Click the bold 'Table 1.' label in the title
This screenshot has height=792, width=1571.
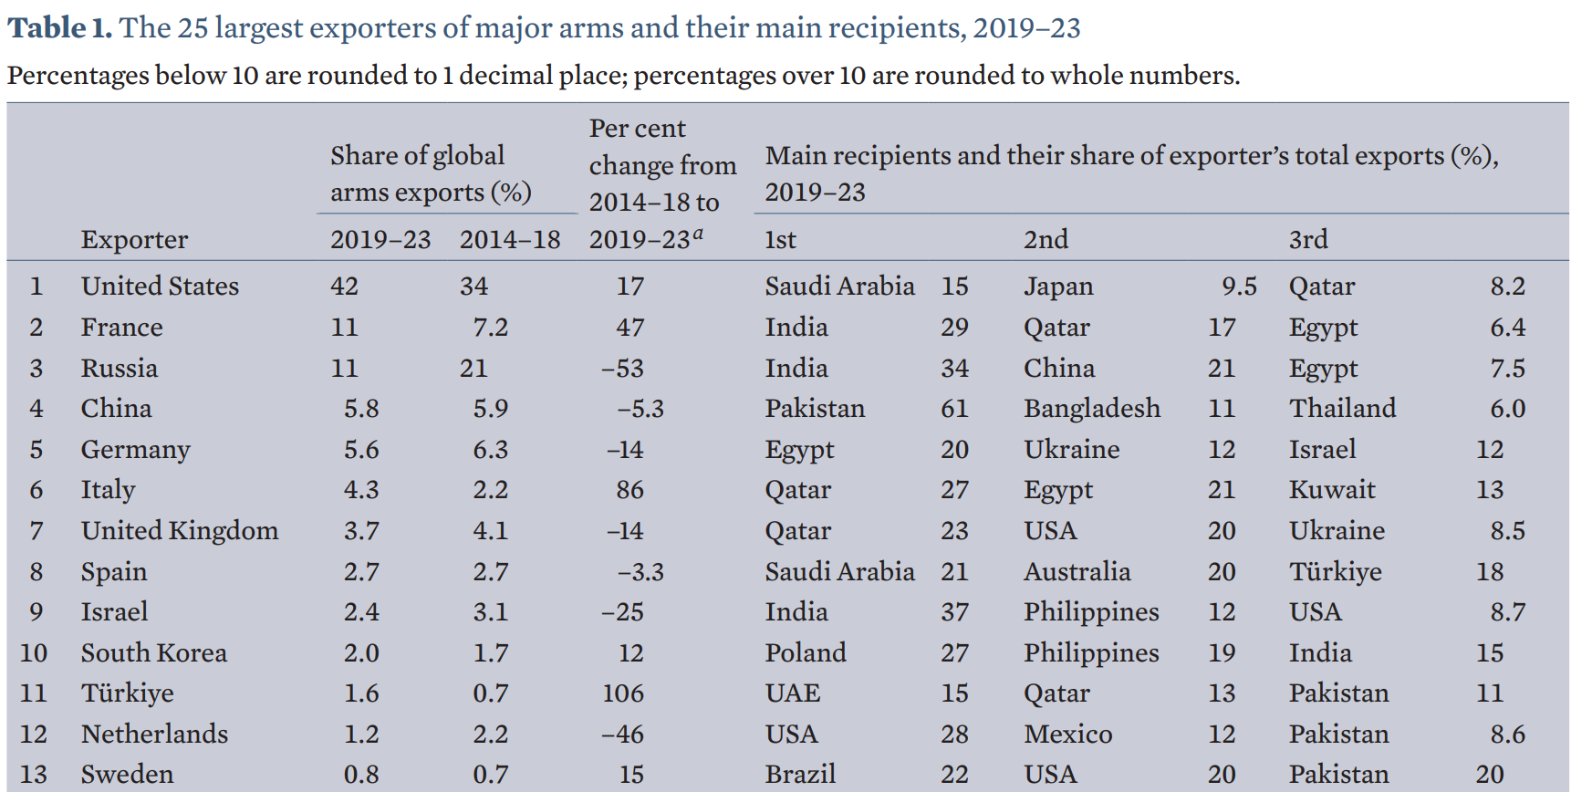click(x=60, y=27)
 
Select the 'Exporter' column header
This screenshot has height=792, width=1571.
click(x=134, y=239)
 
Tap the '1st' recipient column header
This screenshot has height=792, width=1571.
click(x=780, y=239)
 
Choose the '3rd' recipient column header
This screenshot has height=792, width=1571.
click(x=1307, y=239)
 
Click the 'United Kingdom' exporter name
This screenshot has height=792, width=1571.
click(x=180, y=530)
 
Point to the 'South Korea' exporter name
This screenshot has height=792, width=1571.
click(x=153, y=652)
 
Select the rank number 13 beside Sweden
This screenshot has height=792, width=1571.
click(x=34, y=775)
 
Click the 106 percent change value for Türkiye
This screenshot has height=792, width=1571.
click(x=622, y=693)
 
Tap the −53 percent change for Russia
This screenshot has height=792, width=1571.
click(x=622, y=369)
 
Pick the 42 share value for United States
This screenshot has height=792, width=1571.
click(x=344, y=287)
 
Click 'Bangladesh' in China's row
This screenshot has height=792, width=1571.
click(x=1092, y=408)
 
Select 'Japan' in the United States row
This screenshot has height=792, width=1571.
click(x=1058, y=287)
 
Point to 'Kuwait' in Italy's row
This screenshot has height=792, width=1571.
click(x=1331, y=490)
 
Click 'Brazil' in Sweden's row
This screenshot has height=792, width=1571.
click(x=800, y=775)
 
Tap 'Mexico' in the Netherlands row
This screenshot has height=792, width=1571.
click(x=1067, y=735)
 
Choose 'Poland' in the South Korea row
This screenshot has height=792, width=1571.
click(x=806, y=652)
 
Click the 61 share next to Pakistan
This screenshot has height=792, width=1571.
click(x=954, y=408)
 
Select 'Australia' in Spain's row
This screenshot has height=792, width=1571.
click(x=1077, y=572)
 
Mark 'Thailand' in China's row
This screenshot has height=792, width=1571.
click(x=1342, y=408)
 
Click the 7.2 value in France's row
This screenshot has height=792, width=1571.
click(x=490, y=328)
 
